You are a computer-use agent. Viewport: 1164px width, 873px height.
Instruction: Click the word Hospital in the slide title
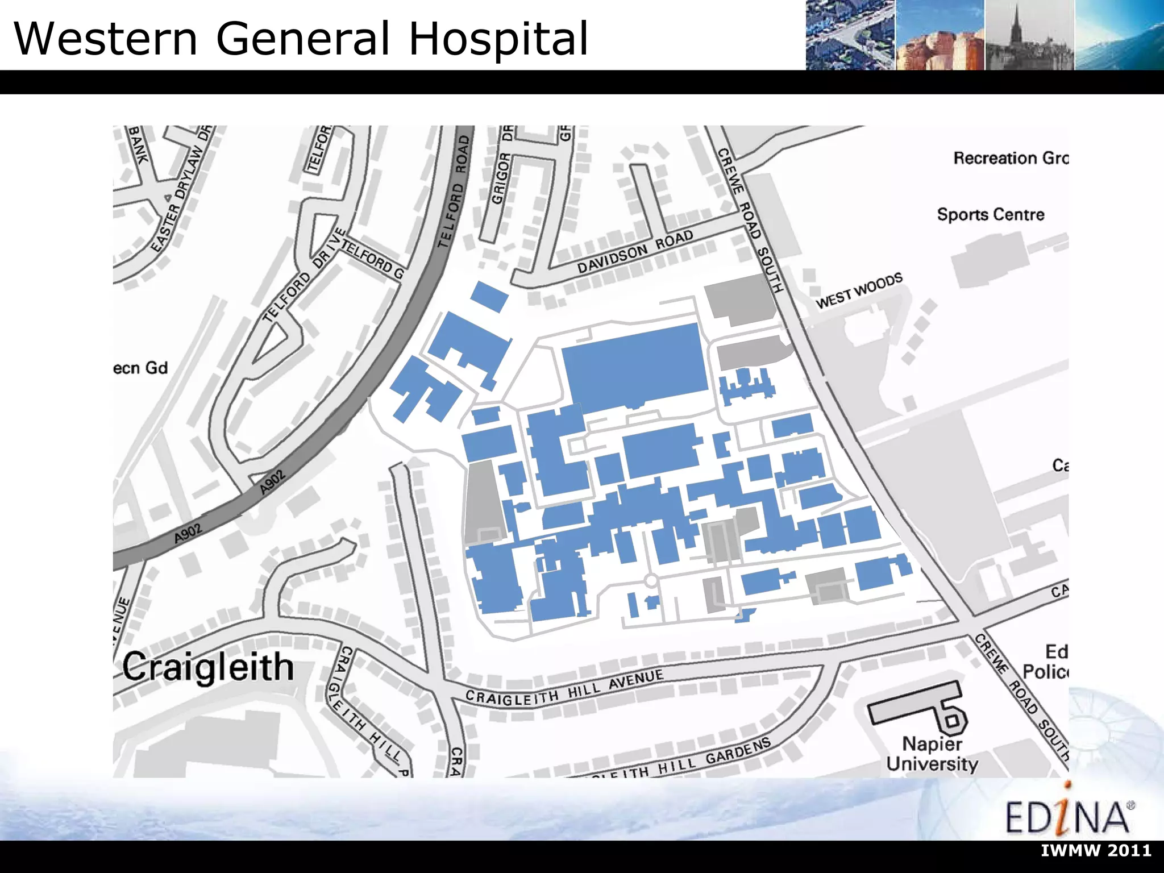[x=498, y=39]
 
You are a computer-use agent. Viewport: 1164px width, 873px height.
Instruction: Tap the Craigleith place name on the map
[x=208, y=667]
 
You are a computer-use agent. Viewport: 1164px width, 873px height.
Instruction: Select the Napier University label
[x=932, y=754]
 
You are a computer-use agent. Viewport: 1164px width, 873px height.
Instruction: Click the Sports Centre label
[x=991, y=215]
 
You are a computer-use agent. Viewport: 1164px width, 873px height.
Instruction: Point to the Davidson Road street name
[x=635, y=251]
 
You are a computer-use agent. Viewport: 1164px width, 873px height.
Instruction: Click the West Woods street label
[x=859, y=290]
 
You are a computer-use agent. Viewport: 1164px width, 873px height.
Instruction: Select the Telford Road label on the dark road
[x=454, y=192]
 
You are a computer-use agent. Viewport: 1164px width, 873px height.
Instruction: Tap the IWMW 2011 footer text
[x=1096, y=851]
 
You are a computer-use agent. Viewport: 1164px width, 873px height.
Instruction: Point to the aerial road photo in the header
[x=850, y=35]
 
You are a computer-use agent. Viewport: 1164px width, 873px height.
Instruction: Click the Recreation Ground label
[x=1011, y=158]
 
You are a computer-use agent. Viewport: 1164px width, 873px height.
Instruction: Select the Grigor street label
[x=501, y=178]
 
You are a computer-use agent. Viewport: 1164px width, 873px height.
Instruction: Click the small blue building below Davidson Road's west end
[x=489, y=296]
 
